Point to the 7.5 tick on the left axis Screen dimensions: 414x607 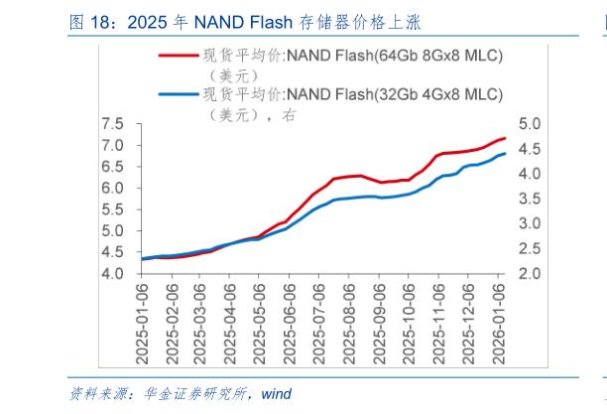[112, 124]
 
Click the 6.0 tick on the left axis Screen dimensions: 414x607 [112, 188]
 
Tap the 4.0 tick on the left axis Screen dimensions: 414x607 [112, 273]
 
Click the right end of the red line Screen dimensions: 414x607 [505, 138]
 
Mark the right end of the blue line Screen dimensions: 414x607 [505, 153]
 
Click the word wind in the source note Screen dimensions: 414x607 [277, 393]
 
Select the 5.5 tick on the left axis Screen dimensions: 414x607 [112, 209]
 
